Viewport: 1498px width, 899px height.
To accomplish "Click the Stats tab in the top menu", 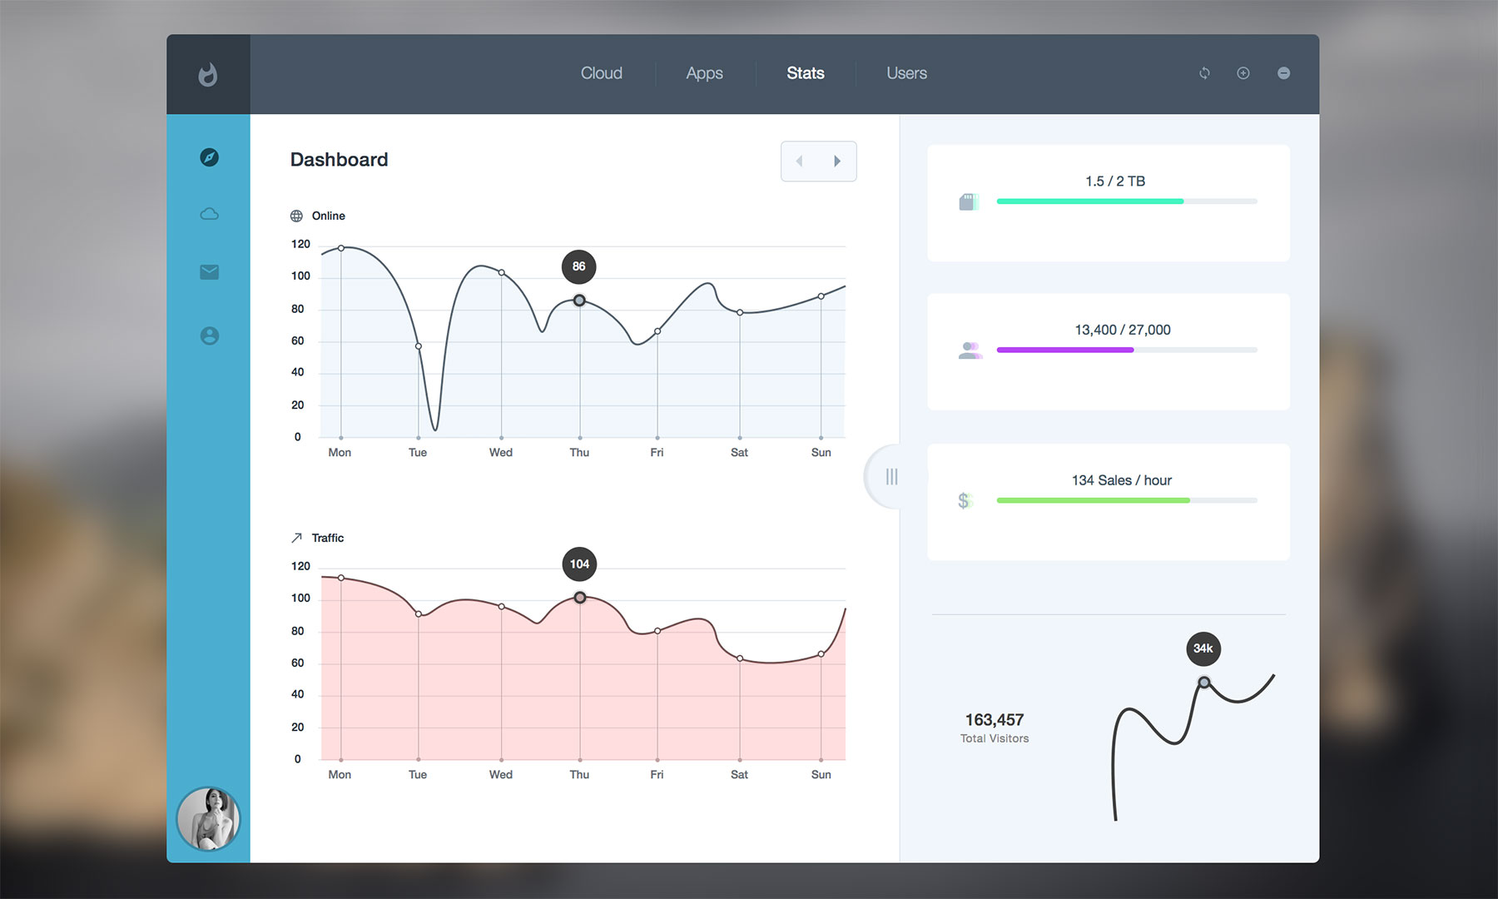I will pos(805,73).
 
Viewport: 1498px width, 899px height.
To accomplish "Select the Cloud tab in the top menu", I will pos(601,73).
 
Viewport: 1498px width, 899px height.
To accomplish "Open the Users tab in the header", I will pos(906,73).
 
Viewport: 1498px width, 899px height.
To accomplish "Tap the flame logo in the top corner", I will pos(208,75).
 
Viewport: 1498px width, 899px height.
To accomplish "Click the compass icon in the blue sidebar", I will pos(210,157).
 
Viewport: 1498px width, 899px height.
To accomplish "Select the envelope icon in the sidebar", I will pos(210,272).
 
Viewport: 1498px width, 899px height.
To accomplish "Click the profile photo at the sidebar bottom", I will pos(208,819).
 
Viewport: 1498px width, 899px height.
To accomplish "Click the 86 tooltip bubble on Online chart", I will pos(579,266).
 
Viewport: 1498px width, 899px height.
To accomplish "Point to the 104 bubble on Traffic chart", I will pos(579,564).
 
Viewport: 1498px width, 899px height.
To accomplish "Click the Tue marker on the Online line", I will pos(419,346).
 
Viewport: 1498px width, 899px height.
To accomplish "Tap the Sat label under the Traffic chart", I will pos(739,774).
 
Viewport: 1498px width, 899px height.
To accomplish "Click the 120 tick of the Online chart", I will pos(300,244).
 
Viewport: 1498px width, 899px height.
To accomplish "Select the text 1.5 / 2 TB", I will pos(1115,181).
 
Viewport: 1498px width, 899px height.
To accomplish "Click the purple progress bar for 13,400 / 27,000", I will pos(1065,350).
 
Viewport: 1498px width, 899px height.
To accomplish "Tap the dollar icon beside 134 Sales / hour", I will pos(965,500).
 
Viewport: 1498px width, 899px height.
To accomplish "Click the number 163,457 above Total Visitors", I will pos(995,719).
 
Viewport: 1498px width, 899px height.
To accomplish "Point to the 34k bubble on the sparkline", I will pos(1203,648).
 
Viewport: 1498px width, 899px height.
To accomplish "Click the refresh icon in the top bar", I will pos(1204,73).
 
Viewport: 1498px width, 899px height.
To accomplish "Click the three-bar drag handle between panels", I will pos(891,476).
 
